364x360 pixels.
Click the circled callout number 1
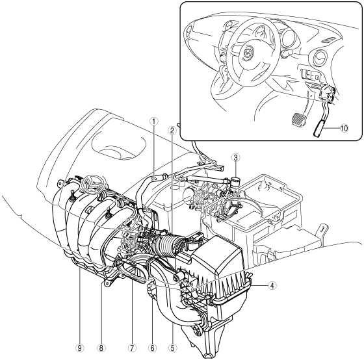(x=153, y=121)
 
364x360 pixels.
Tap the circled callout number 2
(x=172, y=131)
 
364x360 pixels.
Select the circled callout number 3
(x=235, y=158)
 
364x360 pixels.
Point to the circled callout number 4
(x=272, y=285)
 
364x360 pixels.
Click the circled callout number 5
(x=173, y=348)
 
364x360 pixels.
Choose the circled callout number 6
(x=152, y=348)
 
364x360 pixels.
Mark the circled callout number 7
(x=131, y=348)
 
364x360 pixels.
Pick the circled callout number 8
(x=101, y=348)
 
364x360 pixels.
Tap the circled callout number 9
(x=80, y=348)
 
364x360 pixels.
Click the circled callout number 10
(x=344, y=128)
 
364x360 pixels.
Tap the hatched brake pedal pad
(x=298, y=120)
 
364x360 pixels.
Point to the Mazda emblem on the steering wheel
(x=246, y=53)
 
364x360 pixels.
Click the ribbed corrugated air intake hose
(x=168, y=246)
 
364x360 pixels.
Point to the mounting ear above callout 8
(x=107, y=283)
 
